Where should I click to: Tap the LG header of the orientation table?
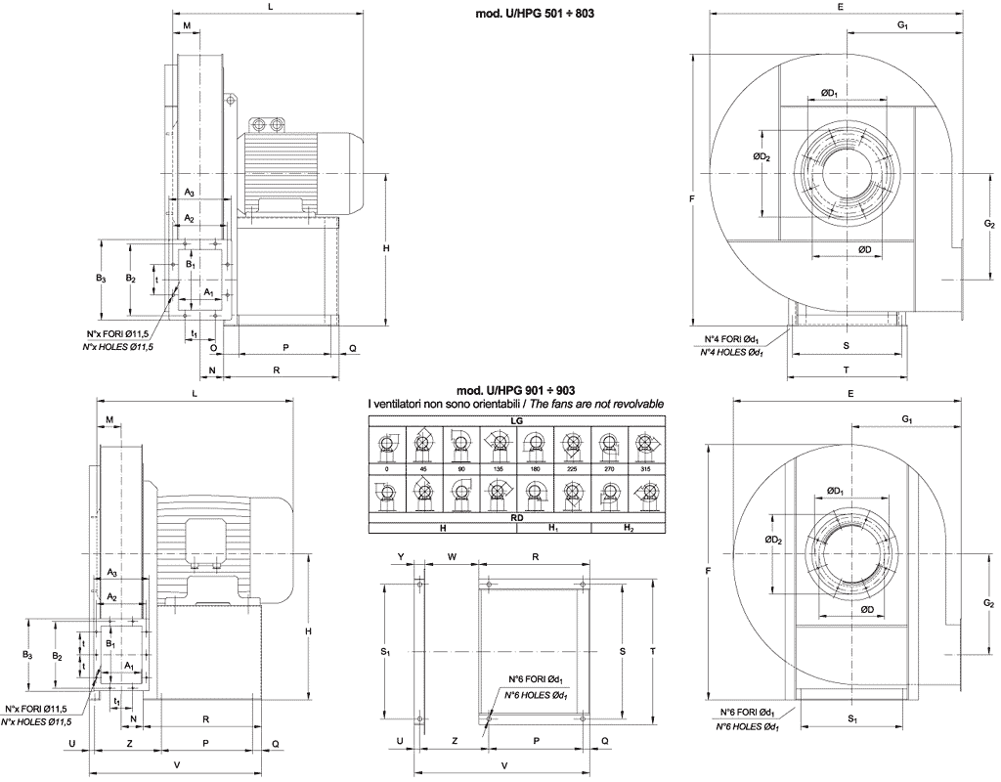click(x=516, y=418)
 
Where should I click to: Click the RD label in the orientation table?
click(x=516, y=518)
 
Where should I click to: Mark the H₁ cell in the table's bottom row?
click(x=553, y=528)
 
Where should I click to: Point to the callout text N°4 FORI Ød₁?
click(x=733, y=339)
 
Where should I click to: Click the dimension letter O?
click(x=213, y=347)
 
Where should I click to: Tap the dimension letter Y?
click(x=402, y=556)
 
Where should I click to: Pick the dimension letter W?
click(x=452, y=556)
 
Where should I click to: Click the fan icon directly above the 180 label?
click(x=534, y=445)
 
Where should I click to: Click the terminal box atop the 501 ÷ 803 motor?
click(x=268, y=125)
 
